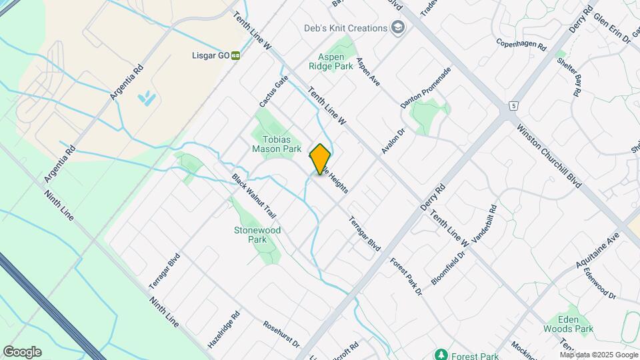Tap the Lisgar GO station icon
[x=235, y=55]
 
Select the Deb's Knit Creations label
[x=346, y=28]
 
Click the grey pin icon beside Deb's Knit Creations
[x=398, y=28]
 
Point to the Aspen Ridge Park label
[x=331, y=62]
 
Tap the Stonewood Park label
[x=257, y=235]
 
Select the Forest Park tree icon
[x=440, y=354]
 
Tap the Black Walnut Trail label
[x=254, y=197]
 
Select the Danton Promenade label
[x=426, y=88]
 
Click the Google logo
[x=22, y=352]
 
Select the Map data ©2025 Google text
[x=599, y=355]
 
